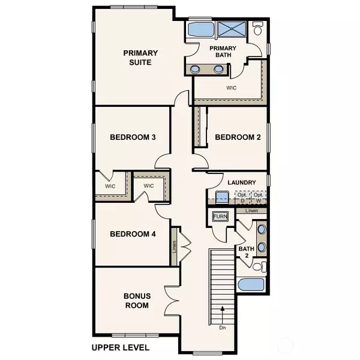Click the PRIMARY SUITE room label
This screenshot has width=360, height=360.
tap(137, 58)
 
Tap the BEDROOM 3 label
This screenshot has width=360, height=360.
tap(133, 137)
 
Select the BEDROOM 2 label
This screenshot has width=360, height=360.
tap(238, 137)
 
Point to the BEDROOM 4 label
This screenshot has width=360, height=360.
tap(133, 234)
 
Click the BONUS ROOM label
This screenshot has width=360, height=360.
tap(137, 301)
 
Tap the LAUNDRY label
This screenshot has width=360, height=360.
tap(242, 182)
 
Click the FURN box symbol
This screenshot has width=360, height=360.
tap(220, 217)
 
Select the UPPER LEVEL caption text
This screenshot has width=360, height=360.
tap(120, 347)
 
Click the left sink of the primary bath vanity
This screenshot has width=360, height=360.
tap(197, 69)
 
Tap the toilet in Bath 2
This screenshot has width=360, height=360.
tap(258, 266)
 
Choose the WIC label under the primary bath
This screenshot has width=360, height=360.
tap(232, 88)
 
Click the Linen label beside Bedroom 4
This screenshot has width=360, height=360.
tap(174, 245)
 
